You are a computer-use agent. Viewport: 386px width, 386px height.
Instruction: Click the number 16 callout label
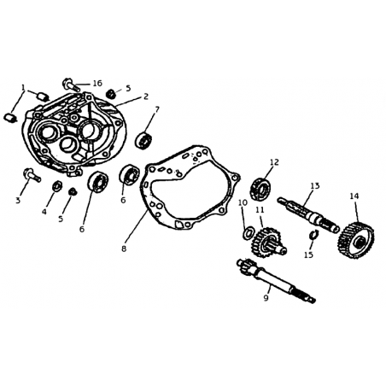pos(97,83)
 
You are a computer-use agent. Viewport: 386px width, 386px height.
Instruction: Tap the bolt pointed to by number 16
pos(71,84)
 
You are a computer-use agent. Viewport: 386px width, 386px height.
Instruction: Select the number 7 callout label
pos(157,109)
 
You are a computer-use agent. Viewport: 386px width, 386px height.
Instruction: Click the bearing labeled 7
pos(143,140)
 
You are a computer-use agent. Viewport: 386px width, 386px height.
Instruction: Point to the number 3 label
pos(18,201)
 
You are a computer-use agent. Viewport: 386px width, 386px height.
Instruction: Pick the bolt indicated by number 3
pos(32,175)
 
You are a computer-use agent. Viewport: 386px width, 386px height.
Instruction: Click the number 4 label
pos(44,212)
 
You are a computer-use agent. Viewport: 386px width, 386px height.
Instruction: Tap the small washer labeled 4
pos(57,186)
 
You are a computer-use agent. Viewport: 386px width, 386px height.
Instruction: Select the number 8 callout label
pos(124,249)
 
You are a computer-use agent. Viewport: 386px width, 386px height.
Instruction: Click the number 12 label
pos(274,162)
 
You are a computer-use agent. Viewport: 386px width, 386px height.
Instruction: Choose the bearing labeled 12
pos(260,188)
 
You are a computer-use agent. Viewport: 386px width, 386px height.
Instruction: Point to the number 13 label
pos(315,186)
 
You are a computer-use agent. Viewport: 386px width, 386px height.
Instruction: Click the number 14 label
pos(354,196)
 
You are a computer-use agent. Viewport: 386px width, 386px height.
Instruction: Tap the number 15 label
pos(308,254)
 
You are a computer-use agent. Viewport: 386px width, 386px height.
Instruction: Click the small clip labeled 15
pos(313,234)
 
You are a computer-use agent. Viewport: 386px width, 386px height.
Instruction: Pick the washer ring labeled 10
pos(248,232)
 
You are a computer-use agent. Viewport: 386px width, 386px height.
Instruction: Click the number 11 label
pos(260,210)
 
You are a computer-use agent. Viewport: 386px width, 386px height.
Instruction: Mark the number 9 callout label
pos(266,298)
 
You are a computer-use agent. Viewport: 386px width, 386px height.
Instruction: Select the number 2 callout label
pos(146,96)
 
